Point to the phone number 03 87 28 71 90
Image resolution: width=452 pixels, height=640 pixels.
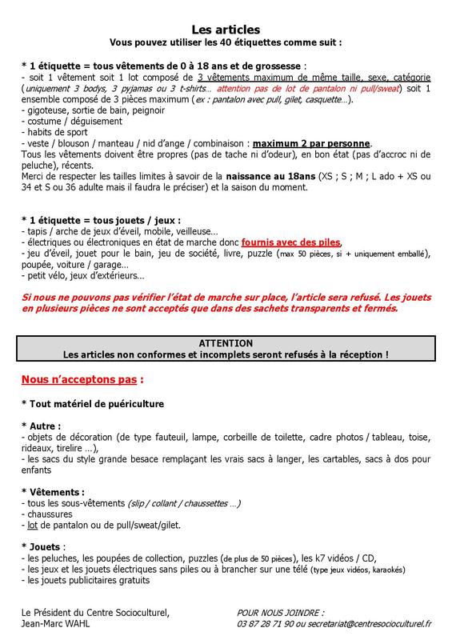[x=271, y=623]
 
